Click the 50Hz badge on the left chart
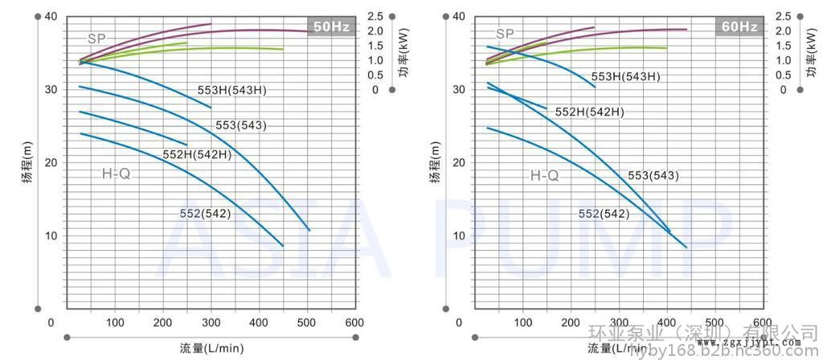(331, 27)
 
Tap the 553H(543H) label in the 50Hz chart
(231, 91)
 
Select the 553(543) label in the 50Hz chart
(240, 125)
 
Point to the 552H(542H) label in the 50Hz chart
(197, 154)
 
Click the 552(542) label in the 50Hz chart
(206, 212)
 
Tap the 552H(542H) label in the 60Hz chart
(590, 112)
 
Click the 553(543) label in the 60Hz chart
(653, 176)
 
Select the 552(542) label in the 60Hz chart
(604, 213)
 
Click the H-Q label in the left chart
(116, 174)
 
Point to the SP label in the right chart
(505, 34)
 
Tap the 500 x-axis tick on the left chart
(307, 323)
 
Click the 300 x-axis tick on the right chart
(620, 323)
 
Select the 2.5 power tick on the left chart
(375, 16)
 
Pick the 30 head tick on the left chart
(51, 89)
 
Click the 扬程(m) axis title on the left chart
(27, 162)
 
